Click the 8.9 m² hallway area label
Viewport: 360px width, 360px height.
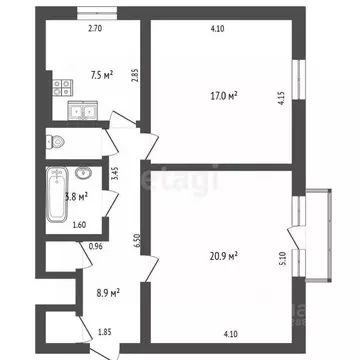pyautogui.click(x=108, y=293)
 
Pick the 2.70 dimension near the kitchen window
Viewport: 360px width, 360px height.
pyautogui.click(x=96, y=29)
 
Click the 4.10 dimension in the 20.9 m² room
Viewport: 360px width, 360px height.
pyautogui.click(x=230, y=333)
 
